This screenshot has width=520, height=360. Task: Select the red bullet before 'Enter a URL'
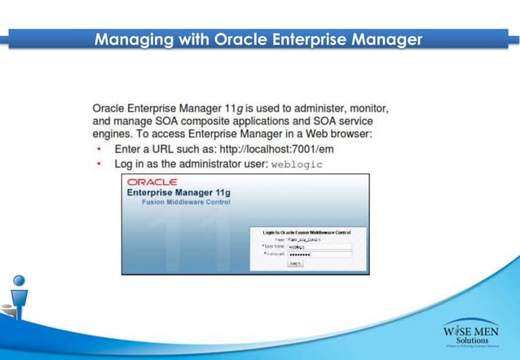coord(99,150)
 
